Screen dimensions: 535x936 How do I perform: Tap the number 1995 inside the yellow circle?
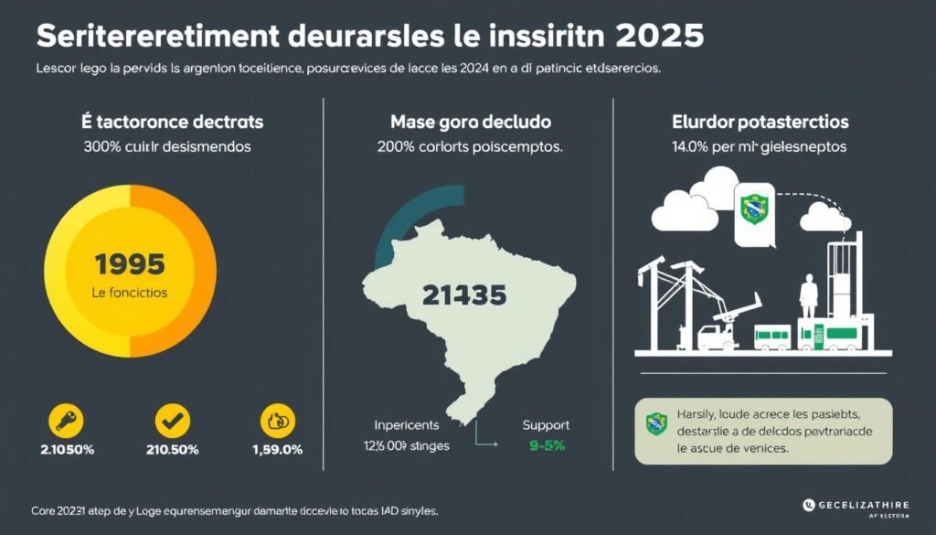click(x=130, y=264)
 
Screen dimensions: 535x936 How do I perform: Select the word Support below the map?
click(x=546, y=425)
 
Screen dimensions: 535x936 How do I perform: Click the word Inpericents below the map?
click(x=407, y=425)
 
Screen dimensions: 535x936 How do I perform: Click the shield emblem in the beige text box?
click(x=655, y=423)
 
